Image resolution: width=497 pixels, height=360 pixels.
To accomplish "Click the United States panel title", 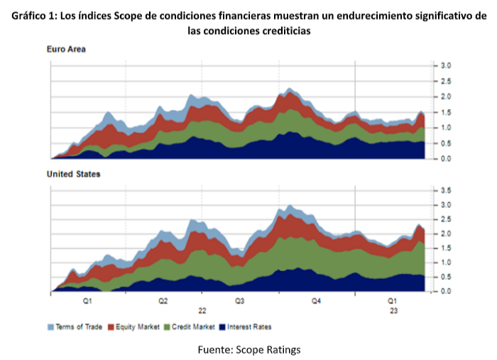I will tap(74, 174).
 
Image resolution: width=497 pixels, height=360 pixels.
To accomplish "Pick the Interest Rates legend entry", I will tap(249, 327).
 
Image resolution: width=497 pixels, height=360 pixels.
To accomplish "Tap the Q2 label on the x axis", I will tap(163, 302).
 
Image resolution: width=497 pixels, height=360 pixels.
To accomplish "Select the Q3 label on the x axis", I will tap(240, 302).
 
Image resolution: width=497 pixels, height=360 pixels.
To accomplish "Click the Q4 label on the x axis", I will tap(317, 302).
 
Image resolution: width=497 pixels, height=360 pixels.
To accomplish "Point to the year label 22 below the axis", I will tap(202, 311).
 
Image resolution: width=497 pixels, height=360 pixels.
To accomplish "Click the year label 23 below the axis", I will tap(393, 311).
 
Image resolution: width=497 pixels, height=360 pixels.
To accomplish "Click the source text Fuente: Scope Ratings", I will tap(248, 349).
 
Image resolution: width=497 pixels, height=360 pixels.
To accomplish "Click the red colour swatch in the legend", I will tap(111, 327).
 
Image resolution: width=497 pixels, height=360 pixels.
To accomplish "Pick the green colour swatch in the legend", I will tap(167, 327).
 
